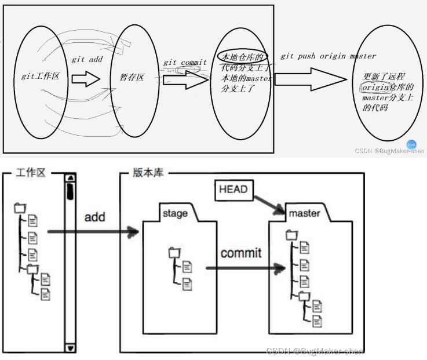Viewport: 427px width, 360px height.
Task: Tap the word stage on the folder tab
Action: pyautogui.click(x=175, y=213)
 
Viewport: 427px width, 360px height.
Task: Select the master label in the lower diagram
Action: pyautogui.click(x=304, y=213)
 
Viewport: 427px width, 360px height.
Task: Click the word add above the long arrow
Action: pyautogui.click(x=94, y=217)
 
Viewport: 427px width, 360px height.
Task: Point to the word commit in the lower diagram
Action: pyautogui.click(x=240, y=253)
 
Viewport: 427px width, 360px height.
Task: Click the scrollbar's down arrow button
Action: pyautogui.click(x=70, y=348)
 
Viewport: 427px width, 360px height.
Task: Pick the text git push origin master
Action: pyautogui.click(x=328, y=56)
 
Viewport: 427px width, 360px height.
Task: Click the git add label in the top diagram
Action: pyautogui.click(x=87, y=60)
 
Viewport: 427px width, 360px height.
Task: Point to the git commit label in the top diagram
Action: pyautogui.click(x=184, y=63)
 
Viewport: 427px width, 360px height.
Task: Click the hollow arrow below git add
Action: pyautogui.click(x=86, y=78)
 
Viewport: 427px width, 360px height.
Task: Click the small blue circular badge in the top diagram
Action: pyautogui.click(x=411, y=144)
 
